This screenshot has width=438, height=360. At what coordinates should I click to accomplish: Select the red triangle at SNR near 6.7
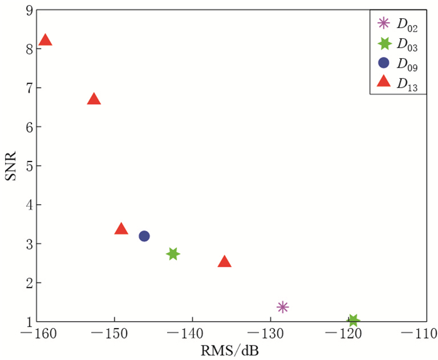(94, 99)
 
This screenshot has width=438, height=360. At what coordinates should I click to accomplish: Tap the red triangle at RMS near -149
(121, 229)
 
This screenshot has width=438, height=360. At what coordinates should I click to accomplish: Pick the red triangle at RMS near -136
(225, 262)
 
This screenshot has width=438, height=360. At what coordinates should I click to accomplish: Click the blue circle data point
(145, 236)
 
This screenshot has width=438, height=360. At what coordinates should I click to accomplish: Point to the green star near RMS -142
(173, 254)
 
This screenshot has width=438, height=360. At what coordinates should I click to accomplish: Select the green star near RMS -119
(354, 321)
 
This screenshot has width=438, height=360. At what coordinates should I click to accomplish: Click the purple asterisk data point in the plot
(283, 307)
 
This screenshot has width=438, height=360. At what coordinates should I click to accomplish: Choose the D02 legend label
(407, 25)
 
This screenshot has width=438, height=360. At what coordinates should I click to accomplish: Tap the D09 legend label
(407, 64)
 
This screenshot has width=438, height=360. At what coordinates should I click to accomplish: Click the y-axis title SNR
(11, 165)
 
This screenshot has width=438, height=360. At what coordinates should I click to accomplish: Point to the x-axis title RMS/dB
(230, 351)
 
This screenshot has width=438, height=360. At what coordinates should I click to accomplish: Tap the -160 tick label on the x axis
(36, 334)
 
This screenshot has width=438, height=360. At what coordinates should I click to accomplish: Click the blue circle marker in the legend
(384, 63)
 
